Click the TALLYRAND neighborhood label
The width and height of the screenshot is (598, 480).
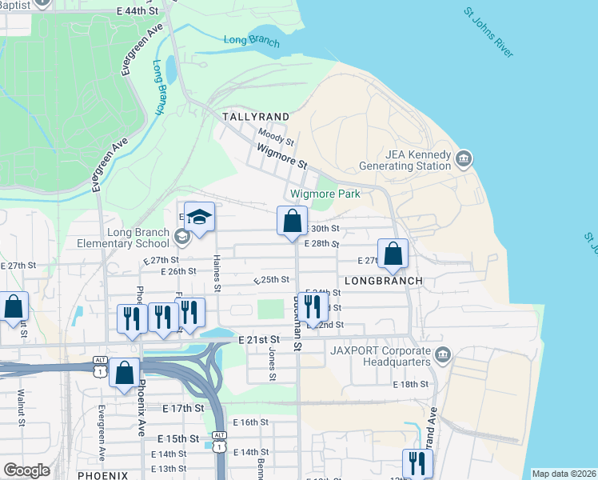point(255,116)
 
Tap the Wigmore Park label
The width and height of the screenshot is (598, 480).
point(325,194)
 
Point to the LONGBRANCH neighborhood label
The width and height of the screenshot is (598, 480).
point(383,281)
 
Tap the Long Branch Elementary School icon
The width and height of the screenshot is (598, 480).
point(182,236)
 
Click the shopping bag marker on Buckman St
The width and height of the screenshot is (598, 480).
point(293,221)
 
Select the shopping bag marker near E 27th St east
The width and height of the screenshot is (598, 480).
point(393,254)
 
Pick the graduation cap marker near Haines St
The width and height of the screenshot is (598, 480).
point(200,218)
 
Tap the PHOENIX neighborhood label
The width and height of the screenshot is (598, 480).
point(103,475)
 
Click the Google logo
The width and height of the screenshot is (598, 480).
point(26,470)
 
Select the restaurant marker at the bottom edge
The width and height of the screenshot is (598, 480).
point(417,462)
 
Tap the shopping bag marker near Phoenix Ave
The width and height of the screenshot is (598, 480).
point(125,373)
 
